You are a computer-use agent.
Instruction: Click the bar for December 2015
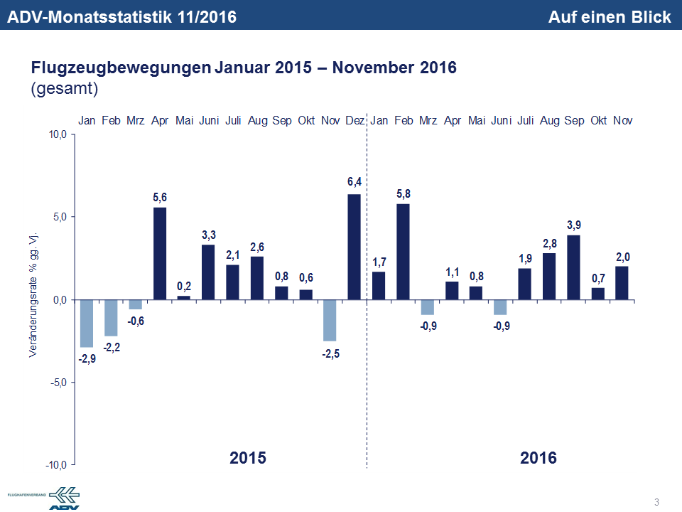pos(354,247)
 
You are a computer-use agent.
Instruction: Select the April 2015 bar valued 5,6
pos(160,253)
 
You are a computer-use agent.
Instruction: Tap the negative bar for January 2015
pos(87,324)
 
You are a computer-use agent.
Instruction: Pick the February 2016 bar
pos(403,252)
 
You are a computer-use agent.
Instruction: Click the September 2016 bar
pos(573,267)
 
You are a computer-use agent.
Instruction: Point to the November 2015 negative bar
pos(330,321)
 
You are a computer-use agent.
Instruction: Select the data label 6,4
pos(354,183)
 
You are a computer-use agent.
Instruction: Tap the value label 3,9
pos(573,224)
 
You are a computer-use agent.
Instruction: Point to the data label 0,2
pos(184,285)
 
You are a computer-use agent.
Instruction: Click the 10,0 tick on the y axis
pos(57,134)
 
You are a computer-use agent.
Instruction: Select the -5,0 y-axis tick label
pos(57,383)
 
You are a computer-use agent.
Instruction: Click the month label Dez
pos(354,121)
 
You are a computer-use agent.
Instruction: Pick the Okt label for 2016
pos(598,121)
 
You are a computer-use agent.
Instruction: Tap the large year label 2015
pos(248,457)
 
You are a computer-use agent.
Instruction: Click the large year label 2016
pos(538,457)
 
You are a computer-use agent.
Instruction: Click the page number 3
pos(656,503)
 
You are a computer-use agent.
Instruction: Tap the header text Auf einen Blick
pos(609,17)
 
